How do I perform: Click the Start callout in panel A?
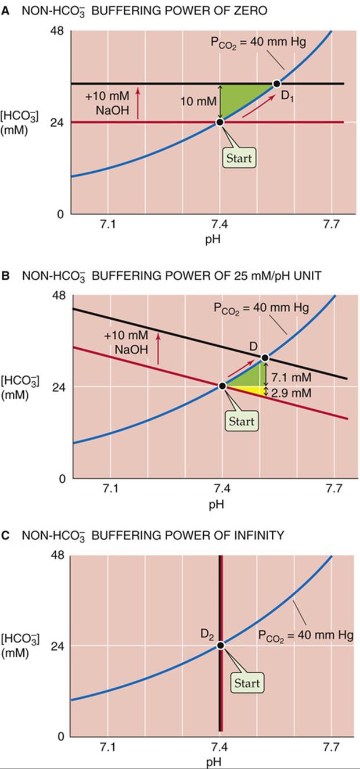pos(239,158)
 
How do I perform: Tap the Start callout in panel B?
pos(242,421)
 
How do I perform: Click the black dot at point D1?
pos(276,84)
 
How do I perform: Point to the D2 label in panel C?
pos(207,634)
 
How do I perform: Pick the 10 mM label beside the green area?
pos(199,101)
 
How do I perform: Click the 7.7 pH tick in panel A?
pos(332,225)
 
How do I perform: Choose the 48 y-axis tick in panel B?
pos(57,295)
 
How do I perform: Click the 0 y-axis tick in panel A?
pos(61,214)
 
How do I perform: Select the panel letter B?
pos(5,275)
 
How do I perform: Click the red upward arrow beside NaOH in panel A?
pos(138,103)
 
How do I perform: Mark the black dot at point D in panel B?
pos(265,358)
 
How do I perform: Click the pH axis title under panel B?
pos(217,504)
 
